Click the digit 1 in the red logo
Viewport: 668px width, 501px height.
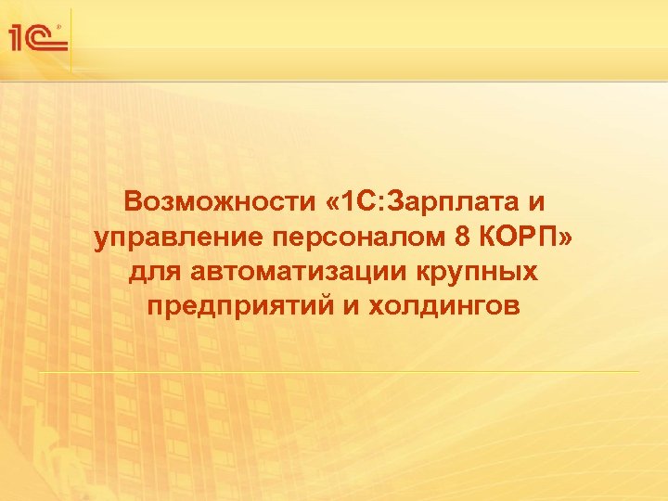(x=19, y=37)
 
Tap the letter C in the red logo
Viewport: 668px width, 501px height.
(x=46, y=38)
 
